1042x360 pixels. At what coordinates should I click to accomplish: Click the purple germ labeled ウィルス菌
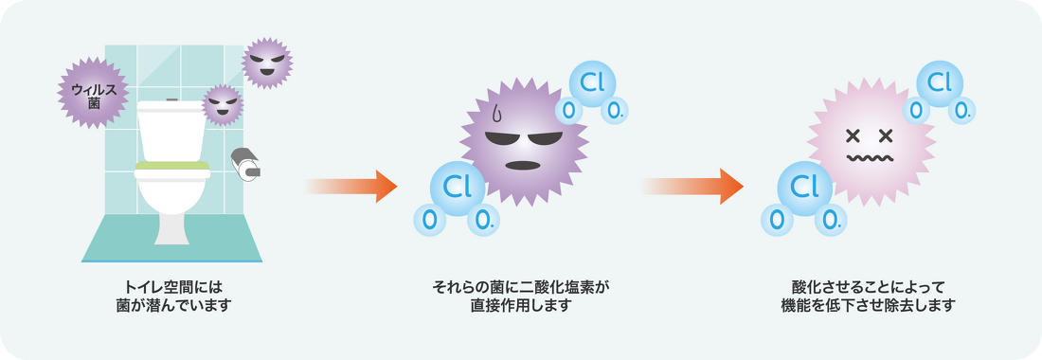coord(93,93)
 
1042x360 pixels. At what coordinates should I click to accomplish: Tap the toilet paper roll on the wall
coord(248,164)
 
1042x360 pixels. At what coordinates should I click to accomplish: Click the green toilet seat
coord(171,169)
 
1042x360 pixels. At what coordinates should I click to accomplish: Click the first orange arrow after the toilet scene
coord(350,186)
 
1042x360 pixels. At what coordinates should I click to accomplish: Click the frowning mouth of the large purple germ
coord(523,165)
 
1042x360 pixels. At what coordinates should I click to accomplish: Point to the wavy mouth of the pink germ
coord(870,158)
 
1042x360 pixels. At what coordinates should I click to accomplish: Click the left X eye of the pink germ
coord(852,134)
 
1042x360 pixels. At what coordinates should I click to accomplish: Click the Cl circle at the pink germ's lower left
coord(803,187)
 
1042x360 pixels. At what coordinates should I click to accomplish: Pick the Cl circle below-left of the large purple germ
coord(457,188)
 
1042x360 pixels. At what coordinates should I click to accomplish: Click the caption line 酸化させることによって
coord(869,285)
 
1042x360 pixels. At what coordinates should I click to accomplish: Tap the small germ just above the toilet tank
coord(223,104)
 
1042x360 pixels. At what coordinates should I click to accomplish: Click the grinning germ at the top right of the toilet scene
coord(266,63)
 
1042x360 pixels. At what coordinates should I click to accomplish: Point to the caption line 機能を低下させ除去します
coord(869,305)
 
